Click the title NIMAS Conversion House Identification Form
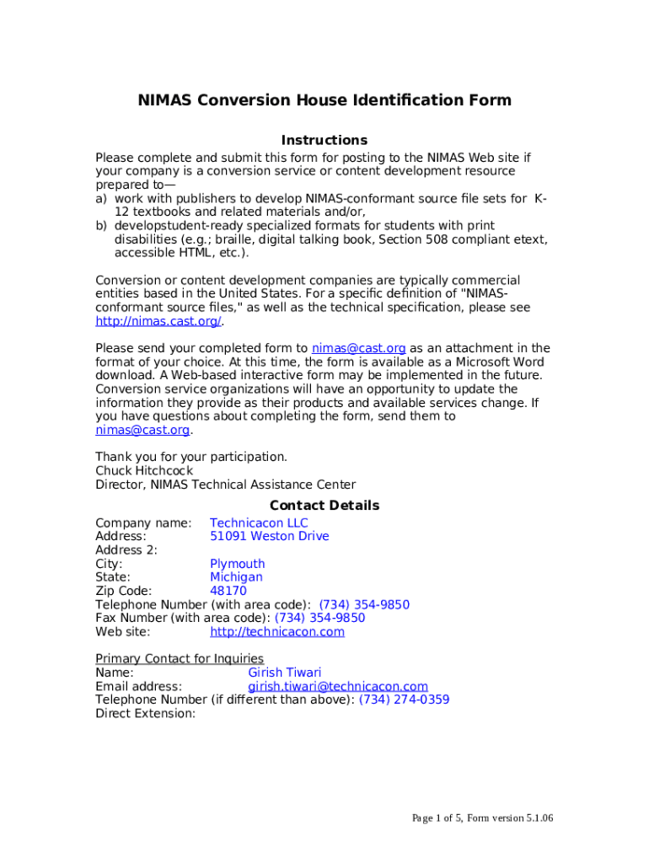(x=324, y=101)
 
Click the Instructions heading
(x=324, y=140)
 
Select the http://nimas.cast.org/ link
(x=158, y=321)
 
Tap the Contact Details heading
(x=324, y=506)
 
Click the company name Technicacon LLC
(x=259, y=523)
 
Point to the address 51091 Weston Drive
(x=269, y=537)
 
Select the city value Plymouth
(x=237, y=564)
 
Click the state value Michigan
(x=236, y=577)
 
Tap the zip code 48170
(x=228, y=592)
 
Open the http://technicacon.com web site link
(x=277, y=632)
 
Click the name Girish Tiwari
(x=284, y=673)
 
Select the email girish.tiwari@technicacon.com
(x=337, y=687)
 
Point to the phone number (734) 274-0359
(x=404, y=700)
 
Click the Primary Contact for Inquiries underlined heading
(x=180, y=659)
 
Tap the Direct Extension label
(x=145, y=714)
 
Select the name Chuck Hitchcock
(x=144, y=471)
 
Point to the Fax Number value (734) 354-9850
(x=320, y=619)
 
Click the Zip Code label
(x=124, y=592)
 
